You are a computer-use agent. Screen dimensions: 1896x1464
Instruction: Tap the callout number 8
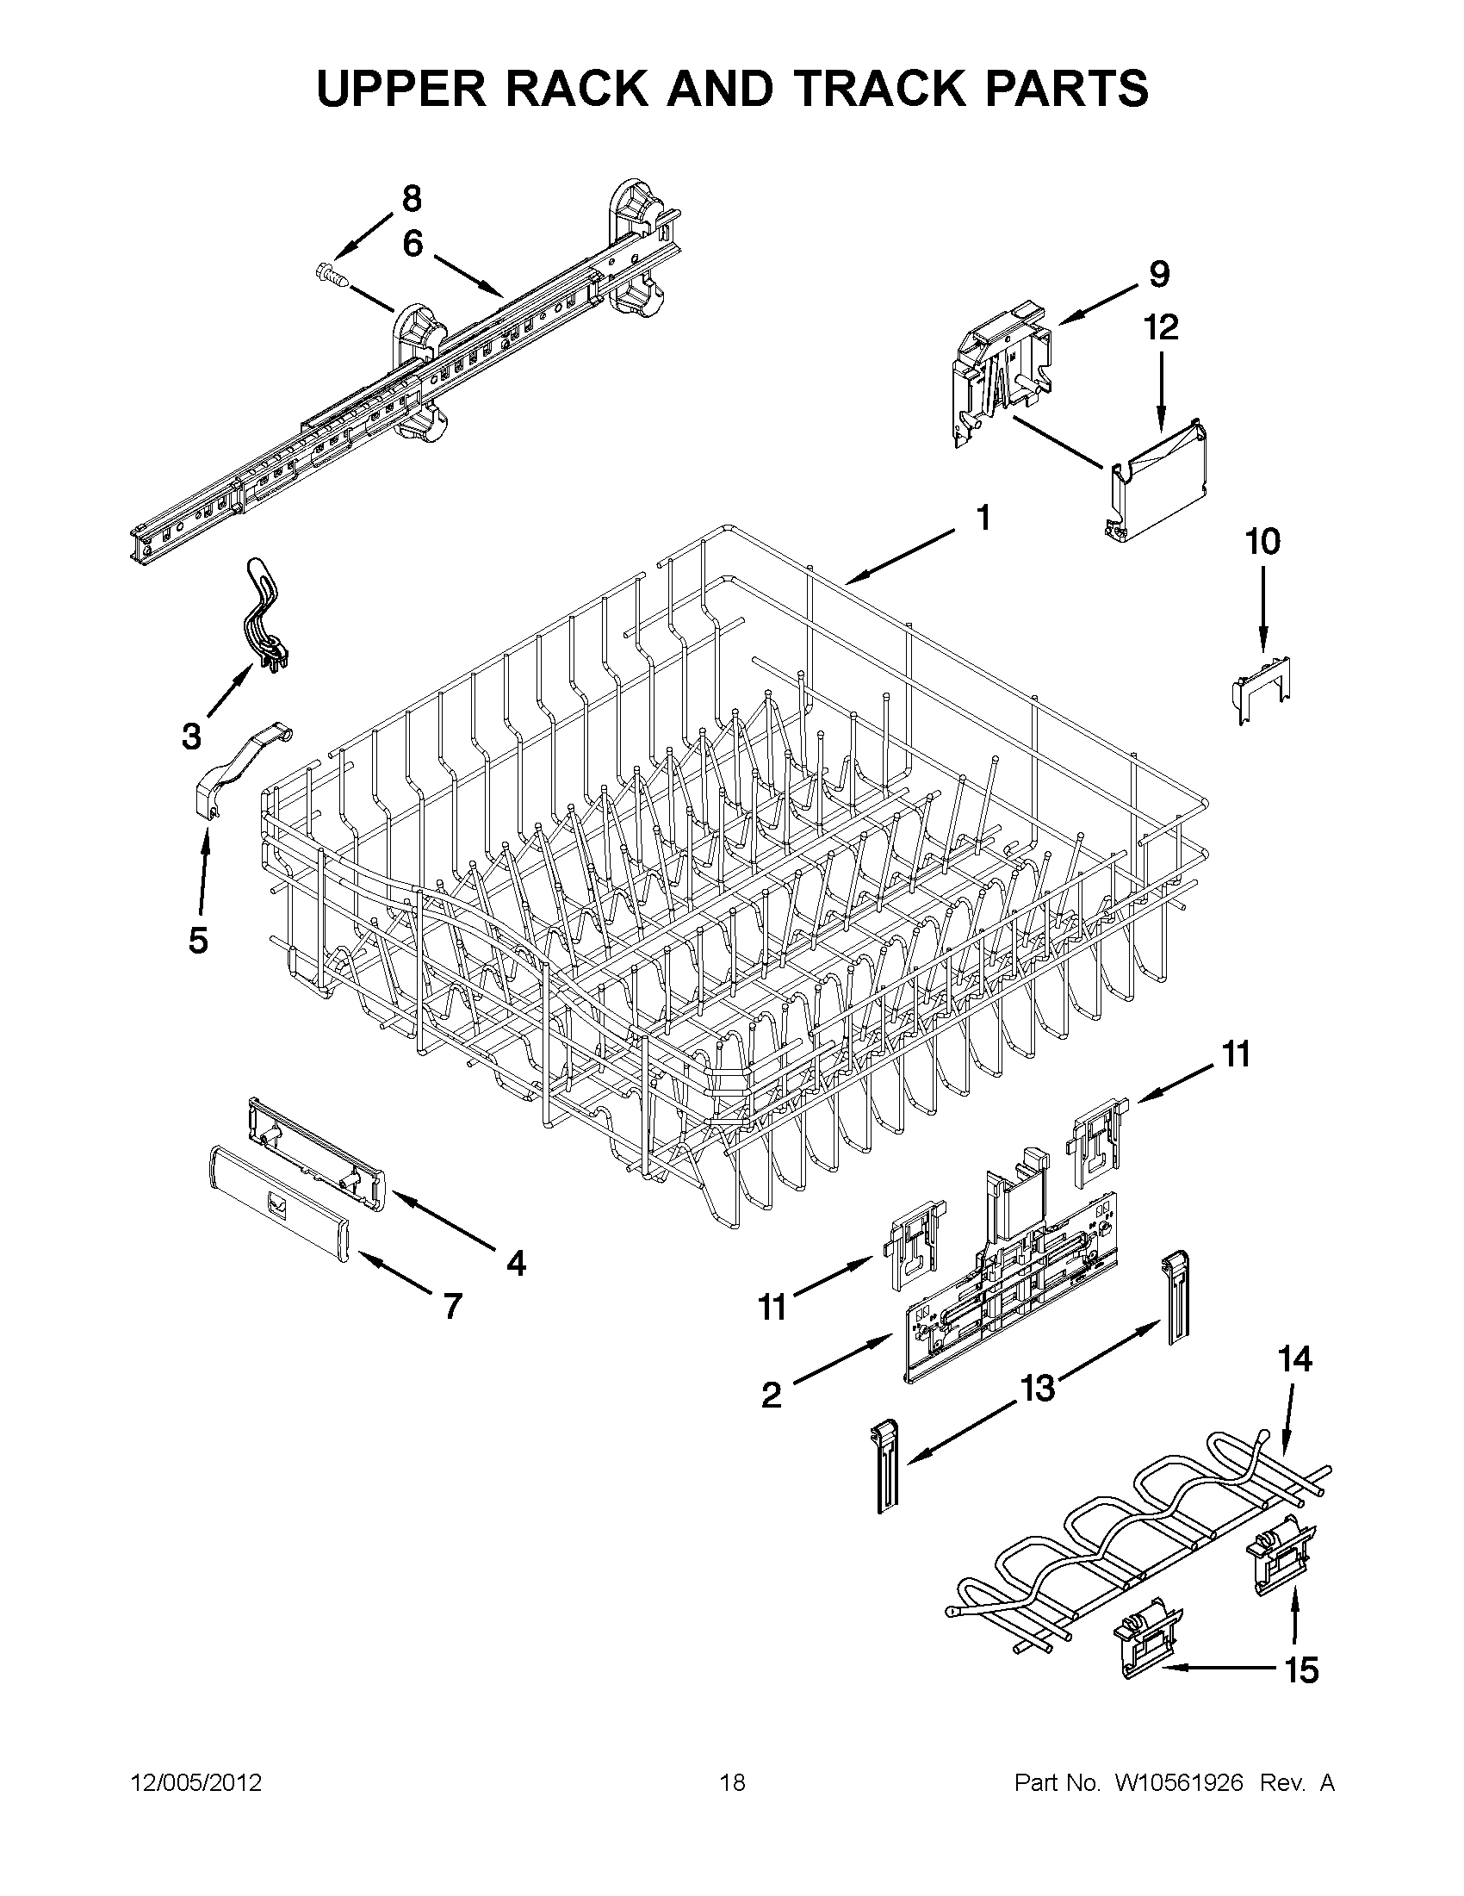point(412,199)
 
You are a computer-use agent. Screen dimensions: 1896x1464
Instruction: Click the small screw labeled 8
point(334,276)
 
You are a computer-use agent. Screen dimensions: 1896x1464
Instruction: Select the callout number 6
point(413,244)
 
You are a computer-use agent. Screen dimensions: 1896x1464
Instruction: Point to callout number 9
point(1159,274)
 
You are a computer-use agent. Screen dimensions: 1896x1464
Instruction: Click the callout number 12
point(1161,327)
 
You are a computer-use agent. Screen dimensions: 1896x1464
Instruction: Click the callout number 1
point(983,519)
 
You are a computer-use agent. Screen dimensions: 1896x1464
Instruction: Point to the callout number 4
point(517,1264)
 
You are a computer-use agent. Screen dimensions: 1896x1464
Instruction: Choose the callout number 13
point(1037,1388)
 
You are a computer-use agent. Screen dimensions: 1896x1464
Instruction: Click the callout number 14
point(1294,1358)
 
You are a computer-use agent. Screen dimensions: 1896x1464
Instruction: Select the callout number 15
point(1302,1669)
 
